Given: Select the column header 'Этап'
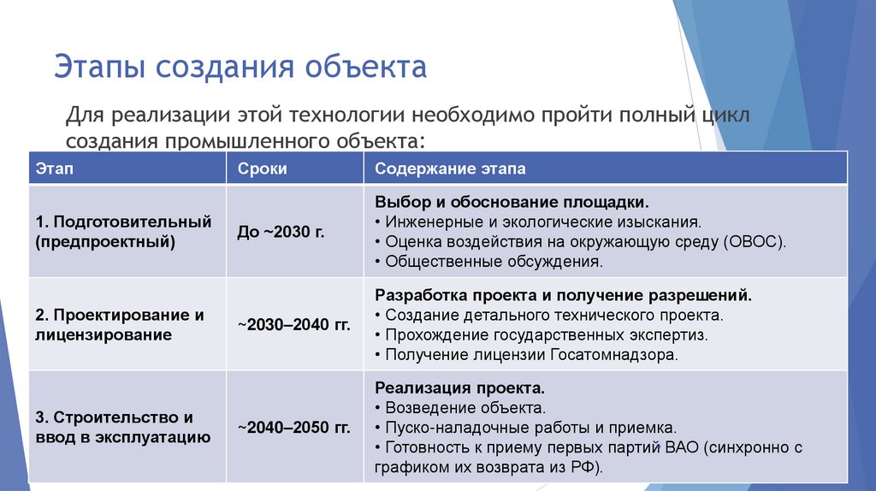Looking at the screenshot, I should click(x=55, y=169).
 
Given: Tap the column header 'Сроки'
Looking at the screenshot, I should click(x=262, y=169).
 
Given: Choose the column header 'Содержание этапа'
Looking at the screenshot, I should click(x=450, y=169).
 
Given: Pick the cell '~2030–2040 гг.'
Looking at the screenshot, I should click(x=293, y=325).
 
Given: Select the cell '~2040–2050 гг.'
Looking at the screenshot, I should click(x=293, y=427).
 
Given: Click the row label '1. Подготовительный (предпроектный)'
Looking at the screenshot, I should click(x=123, y=232).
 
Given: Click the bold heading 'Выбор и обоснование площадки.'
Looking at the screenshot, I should click(x=512, y=204).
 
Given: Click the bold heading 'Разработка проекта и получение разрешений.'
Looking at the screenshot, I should click(x=564, y=295).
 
